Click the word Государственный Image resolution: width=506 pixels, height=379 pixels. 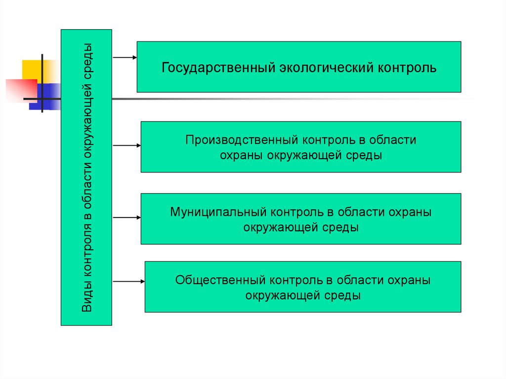218,68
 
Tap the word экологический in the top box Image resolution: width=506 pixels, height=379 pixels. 326,68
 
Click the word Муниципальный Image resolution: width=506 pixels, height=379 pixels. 218,212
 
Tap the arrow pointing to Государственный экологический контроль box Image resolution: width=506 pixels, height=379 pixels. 125,57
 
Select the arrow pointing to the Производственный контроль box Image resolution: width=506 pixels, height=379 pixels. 127,146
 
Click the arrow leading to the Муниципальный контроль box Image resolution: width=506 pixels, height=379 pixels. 127,217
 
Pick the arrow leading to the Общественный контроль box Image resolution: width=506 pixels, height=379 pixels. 129,282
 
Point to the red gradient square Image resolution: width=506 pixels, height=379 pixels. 21,91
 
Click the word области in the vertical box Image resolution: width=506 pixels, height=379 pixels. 87,187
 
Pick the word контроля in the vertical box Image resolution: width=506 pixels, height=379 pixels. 87,250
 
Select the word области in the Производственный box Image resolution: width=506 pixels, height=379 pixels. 392,140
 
